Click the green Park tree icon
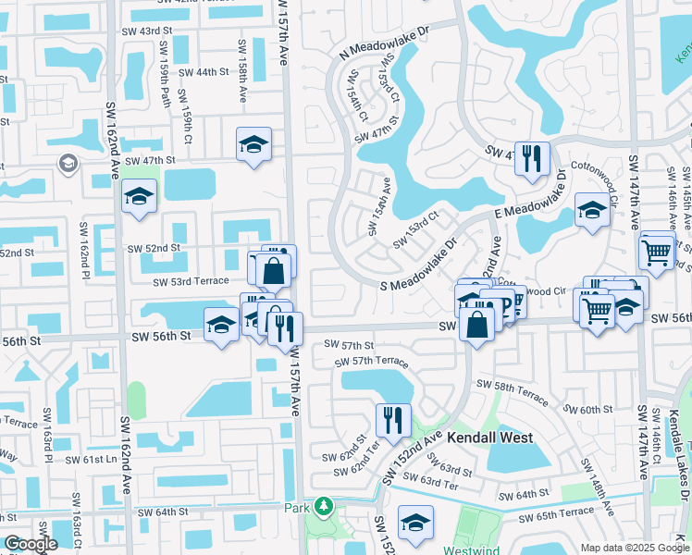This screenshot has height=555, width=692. (323, 507)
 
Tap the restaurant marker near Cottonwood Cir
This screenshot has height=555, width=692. (532, 155)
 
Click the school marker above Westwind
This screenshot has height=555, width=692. (416, 522)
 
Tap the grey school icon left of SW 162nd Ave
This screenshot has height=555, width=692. (68, 164)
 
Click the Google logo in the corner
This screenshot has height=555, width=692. (31, 544)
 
